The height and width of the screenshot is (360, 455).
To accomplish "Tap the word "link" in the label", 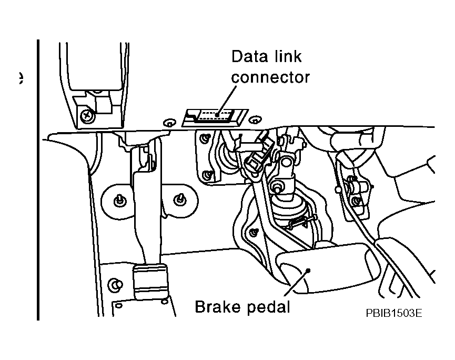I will click(x=287, y=57).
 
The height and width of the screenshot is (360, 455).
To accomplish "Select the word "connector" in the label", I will click(x=271, y=77).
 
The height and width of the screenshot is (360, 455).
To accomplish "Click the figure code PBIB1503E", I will click(x=395, y=313).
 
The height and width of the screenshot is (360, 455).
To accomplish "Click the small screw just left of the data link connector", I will click(x=169, y=123).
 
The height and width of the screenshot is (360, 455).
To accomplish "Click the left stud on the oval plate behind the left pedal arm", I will click(x=120, y=199).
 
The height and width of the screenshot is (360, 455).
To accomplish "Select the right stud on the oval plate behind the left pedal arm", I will click(x=180, y=198).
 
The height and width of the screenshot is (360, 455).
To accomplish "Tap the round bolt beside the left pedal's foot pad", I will click(x=112, y=285).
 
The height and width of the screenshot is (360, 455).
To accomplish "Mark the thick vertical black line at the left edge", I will click(x=38, y=179).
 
